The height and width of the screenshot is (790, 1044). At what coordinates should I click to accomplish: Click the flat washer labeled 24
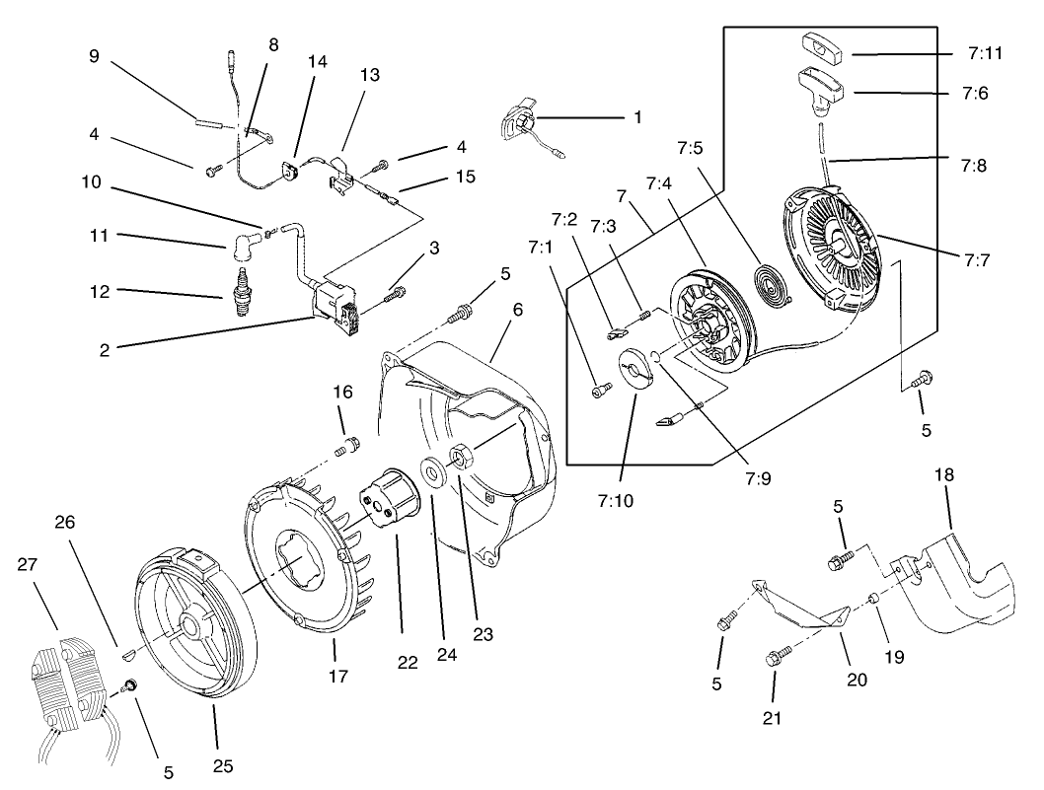(431, 473)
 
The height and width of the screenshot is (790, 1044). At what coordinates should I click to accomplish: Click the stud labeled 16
(344, 447)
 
